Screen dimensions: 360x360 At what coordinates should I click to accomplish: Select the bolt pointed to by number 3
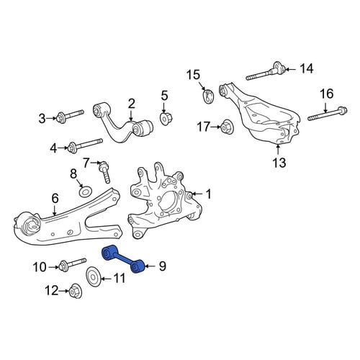70,116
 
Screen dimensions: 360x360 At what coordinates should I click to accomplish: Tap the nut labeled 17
226,127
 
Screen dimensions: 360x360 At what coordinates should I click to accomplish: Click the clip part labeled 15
207,96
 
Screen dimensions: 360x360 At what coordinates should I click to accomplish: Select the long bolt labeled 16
328,114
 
